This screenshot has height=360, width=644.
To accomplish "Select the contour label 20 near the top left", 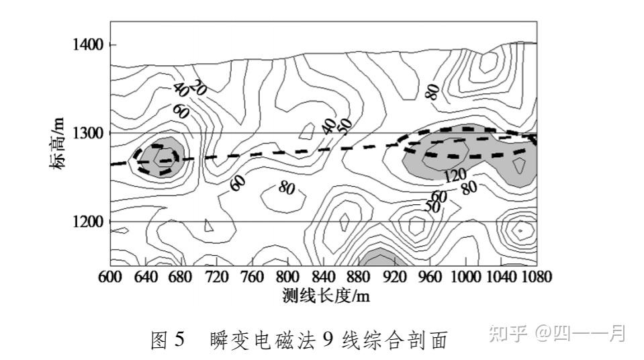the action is coord(197,86).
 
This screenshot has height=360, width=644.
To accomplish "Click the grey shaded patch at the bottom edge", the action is coord(380,258).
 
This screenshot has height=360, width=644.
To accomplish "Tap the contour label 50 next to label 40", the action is coord(345,124).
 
